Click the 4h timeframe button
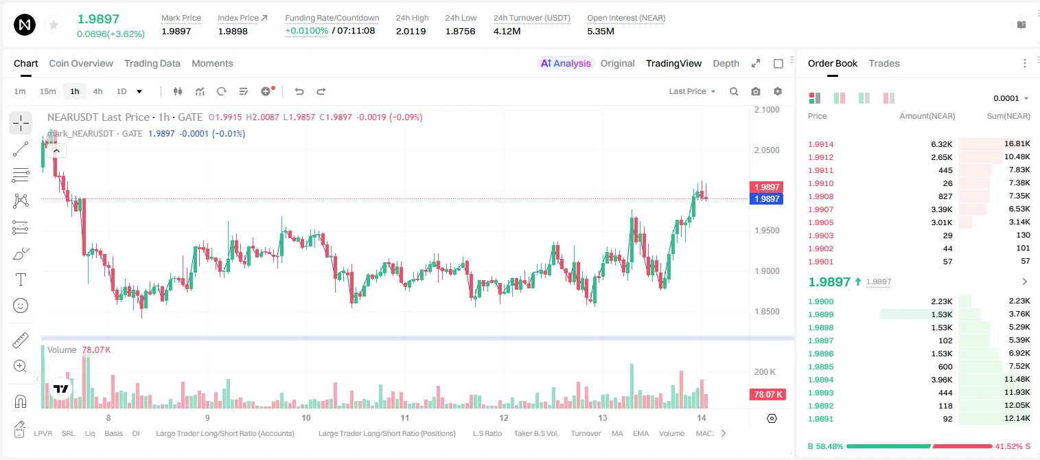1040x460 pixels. (97, 91)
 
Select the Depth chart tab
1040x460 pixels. (726, 63)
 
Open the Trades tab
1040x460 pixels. (884, 63)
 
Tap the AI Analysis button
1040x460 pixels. (566, 63)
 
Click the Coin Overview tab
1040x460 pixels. (81, 63)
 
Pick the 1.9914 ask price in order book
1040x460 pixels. (821, 144)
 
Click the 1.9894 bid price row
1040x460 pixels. (821, 380)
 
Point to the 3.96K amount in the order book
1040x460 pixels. (942, 380)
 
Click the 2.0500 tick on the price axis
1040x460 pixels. (767, 150)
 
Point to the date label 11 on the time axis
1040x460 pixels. (405, 417)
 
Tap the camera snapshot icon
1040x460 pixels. (756, 91)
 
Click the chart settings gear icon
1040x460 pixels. (778, 91)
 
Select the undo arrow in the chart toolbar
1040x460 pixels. (299, 91)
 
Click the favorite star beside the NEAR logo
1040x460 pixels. (54, 25)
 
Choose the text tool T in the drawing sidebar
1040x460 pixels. (21, 279)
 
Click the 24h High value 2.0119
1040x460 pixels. (411, 31)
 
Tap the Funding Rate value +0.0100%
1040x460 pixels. (307, 31)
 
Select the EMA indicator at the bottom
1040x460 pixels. (640, 433)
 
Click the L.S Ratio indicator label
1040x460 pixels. (487, 433)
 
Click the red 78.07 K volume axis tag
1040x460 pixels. (767, 395)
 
